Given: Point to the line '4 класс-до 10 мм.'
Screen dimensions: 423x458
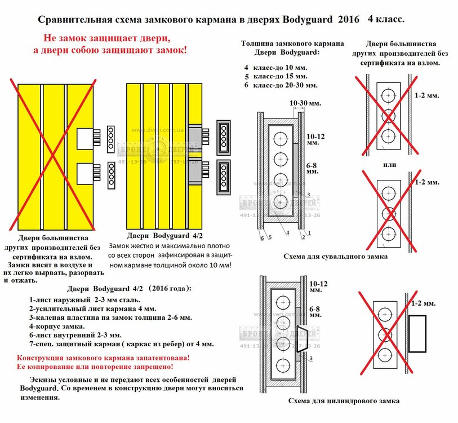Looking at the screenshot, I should point(275,67).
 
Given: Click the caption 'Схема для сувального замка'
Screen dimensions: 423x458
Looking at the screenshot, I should point(335,257).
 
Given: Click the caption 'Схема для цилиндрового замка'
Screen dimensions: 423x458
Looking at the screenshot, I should point(343,401).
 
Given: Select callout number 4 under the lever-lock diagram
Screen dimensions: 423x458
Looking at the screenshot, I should point(287,232).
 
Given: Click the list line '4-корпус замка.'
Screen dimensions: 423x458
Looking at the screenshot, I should point(57,327).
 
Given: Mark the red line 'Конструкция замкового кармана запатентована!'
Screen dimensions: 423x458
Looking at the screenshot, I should point(104,358).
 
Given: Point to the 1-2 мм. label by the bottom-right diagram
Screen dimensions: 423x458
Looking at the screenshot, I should point(424,304).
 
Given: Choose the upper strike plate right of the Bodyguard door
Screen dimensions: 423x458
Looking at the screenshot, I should point(224,135).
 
